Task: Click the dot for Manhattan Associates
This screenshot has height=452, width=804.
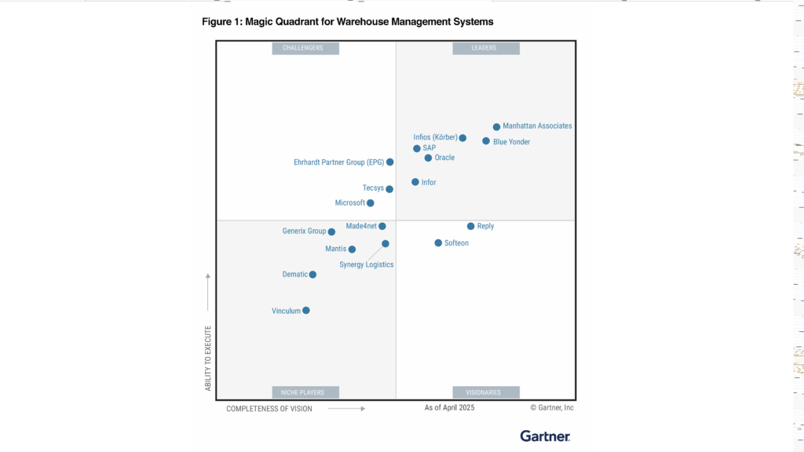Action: [496, 127]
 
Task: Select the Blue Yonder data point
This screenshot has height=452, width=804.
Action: [486, 141]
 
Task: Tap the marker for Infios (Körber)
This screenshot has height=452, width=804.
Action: [462, 138]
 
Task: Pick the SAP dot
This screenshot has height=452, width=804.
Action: [417, 148]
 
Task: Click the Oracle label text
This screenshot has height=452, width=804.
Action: [444, 158]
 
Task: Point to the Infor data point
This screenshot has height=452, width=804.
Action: [415, 182]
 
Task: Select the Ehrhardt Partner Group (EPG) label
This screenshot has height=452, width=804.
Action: [338, 162]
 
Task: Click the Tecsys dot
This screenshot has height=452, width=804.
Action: [389, 189]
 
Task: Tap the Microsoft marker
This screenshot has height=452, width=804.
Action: [371, 203]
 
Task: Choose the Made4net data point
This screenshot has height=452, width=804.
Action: [382, 226]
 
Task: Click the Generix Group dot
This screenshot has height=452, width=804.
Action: [331, 231]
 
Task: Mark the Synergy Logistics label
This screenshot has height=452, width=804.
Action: [366, 265]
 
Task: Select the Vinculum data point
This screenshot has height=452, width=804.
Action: [306, 311]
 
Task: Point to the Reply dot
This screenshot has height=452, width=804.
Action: [471, 226]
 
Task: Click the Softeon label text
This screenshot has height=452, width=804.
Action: [456, 243]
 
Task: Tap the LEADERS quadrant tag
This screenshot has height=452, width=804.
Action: [484, 48]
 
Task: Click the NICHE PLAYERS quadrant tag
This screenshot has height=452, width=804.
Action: [302, 392]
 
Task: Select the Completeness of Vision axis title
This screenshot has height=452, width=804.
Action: [269, 409]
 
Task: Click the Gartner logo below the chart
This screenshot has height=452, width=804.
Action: [545, 436]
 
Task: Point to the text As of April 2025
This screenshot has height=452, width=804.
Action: [449, 408]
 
